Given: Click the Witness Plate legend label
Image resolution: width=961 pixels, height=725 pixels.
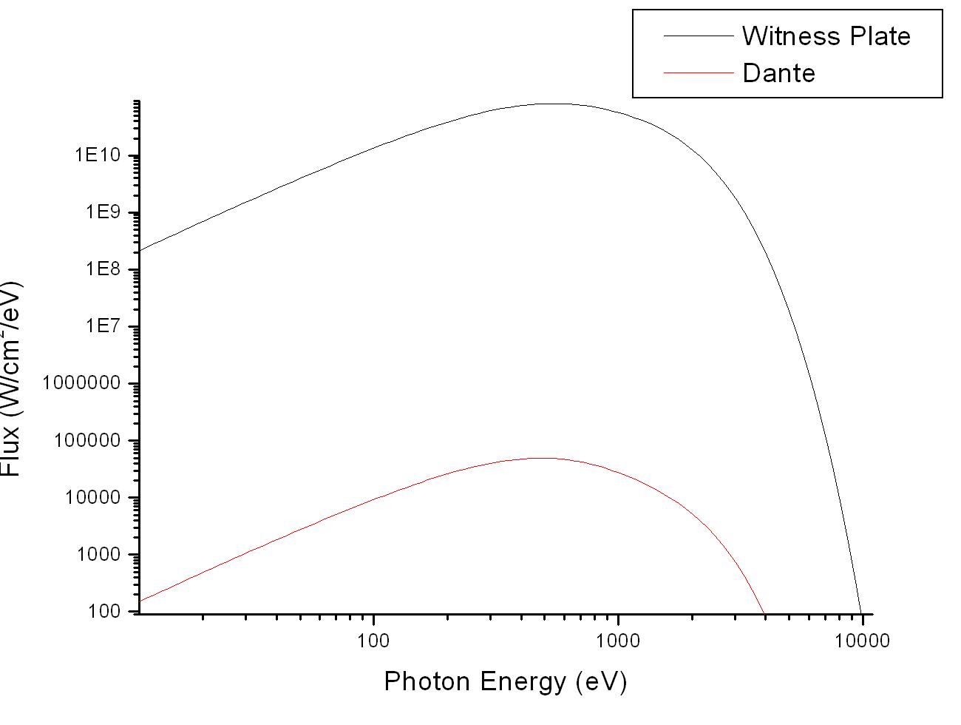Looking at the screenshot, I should [826, 36].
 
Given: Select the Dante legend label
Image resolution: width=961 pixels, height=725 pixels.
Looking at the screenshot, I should [778, 73].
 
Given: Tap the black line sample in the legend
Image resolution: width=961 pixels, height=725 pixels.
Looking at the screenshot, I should [697, 36].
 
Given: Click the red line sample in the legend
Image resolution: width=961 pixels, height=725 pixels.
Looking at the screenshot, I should [697, 72].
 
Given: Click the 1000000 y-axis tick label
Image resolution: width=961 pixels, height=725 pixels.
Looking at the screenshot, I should [86, 384].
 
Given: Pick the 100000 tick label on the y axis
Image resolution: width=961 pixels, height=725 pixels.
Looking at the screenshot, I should [91, 441].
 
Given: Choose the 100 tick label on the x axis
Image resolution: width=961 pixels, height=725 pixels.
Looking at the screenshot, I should [373, 641].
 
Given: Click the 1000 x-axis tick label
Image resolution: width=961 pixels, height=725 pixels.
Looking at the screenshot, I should [617, 641].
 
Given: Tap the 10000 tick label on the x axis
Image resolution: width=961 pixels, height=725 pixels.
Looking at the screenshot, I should [861, 641].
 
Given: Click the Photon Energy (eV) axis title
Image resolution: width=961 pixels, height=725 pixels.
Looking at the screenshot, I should [505, 681].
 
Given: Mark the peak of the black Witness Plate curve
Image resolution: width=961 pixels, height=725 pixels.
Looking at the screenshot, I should [554, 104].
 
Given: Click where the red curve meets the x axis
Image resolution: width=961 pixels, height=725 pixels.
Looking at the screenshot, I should [764, 613].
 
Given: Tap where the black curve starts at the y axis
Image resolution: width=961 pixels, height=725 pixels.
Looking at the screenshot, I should [139, 251].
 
